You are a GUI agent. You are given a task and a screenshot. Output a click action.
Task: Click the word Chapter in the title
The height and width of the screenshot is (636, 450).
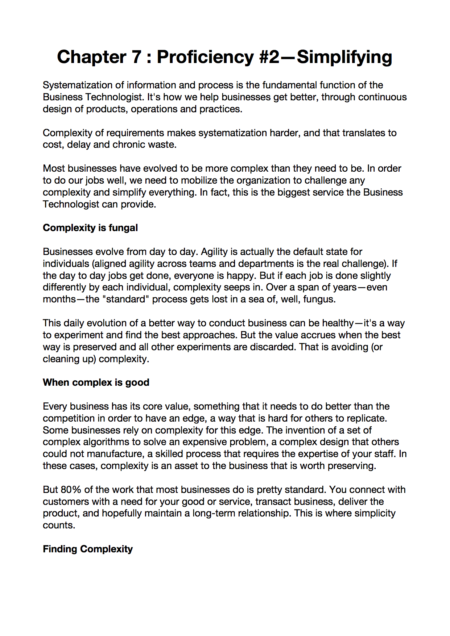coord(92,57)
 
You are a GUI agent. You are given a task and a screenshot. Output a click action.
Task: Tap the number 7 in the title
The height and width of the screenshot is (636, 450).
coord(136,57)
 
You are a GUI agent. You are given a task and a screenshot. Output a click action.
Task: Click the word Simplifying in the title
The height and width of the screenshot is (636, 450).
coord(344,57)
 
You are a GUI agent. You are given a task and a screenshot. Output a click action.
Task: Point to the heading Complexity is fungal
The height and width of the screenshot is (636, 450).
coord(90,228)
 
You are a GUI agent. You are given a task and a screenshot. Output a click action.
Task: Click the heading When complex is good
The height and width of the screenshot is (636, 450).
coord(96,382)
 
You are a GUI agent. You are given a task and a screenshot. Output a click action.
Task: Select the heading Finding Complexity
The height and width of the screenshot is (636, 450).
coord(88,549)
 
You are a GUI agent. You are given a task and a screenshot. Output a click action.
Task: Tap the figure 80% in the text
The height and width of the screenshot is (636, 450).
coord(71,490)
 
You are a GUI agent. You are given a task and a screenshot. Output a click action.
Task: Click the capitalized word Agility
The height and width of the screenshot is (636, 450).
coord(214,252)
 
